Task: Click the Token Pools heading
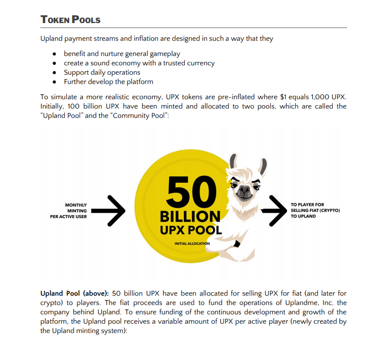tap(70, 20)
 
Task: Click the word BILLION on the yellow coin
tap(190, 216)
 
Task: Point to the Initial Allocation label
tap(192, 244)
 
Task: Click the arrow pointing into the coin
tap(109, 211)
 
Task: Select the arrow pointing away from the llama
tap(273, 210)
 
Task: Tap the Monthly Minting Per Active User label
tap(69, 211)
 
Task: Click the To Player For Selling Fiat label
tap(315, 210)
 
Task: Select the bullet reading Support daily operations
tap(102, 72)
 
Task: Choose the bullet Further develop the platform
tap(109, 82)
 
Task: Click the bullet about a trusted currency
tap(139, 63)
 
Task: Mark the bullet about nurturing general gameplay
tap(122, 54)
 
